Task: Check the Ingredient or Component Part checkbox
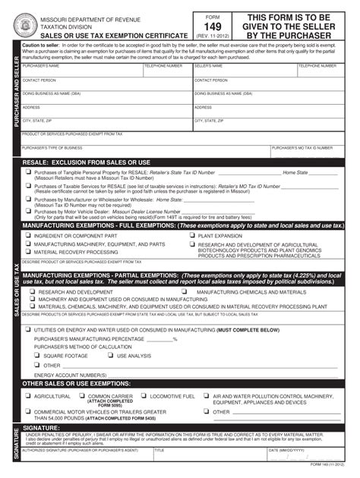coord(28,236)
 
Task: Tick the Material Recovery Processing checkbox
coord(28,252)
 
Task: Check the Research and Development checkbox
coord(32,291)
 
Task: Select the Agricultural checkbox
coord(27,396)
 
